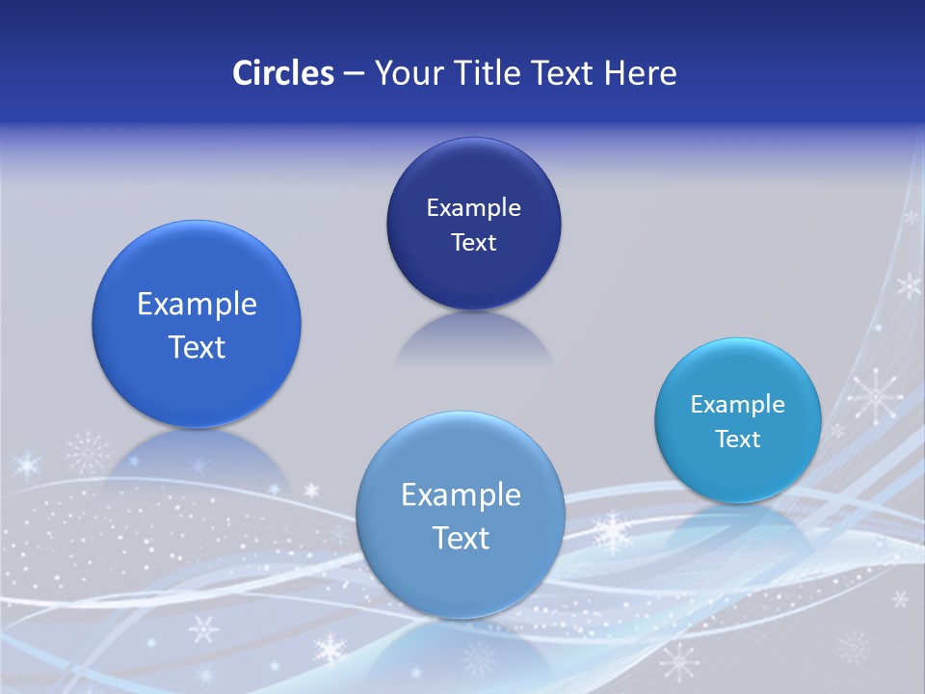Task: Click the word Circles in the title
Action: [x=282, y=73]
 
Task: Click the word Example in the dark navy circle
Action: [x=473, y=208]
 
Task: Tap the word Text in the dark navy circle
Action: [x=473, y=243]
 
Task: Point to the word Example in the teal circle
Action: [x=738, y=405]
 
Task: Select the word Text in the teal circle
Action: [x=738, y=440]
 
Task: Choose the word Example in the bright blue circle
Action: [x=197, y=305]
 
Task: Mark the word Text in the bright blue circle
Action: [x=197, y=348]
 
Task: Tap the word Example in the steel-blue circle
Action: [x=461, y=495]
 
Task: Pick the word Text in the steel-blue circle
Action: [x=461, y=539]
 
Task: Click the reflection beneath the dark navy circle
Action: [x=473, y=339]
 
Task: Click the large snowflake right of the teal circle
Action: [x=875, y=395]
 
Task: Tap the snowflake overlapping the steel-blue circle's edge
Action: [x=611, y=530]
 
